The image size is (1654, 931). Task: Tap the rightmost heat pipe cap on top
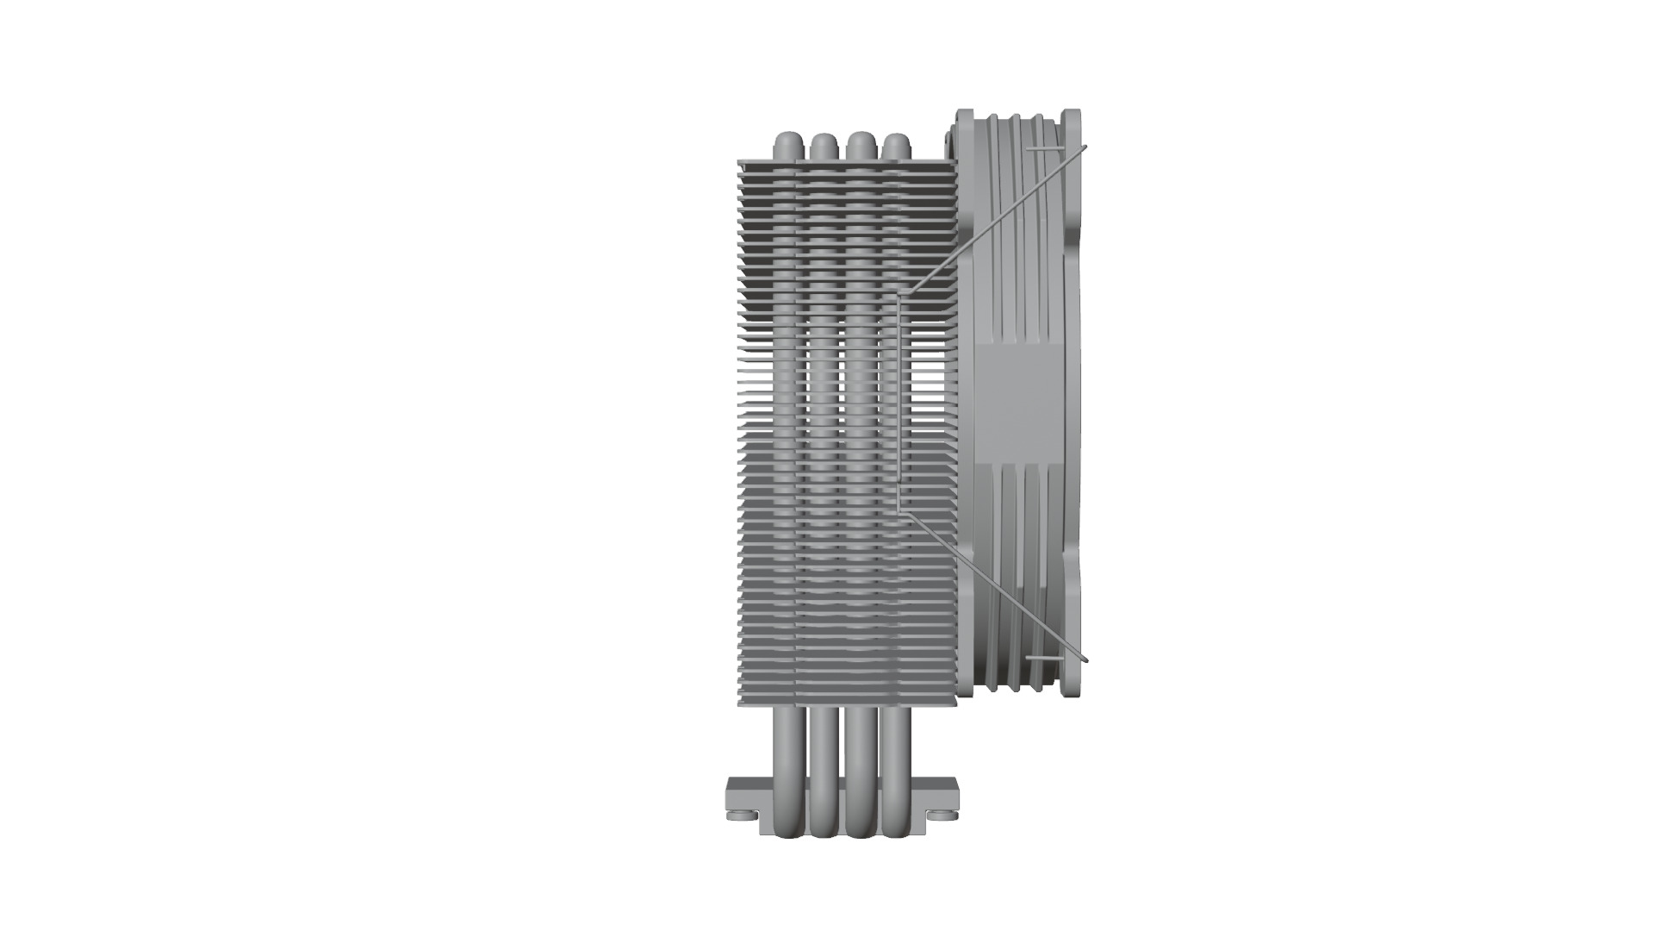coord(897,144)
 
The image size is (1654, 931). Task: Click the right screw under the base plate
coord(941,814)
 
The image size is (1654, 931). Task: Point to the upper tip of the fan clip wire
coord(1085,147)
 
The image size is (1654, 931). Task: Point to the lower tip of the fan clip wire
coord(1085,660)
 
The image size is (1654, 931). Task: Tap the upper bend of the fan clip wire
coord(901,295)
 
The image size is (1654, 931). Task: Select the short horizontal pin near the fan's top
coord(1042,148)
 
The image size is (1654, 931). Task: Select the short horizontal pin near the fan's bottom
coord(1042,657)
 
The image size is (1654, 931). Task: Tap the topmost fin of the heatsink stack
coord(844,161)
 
